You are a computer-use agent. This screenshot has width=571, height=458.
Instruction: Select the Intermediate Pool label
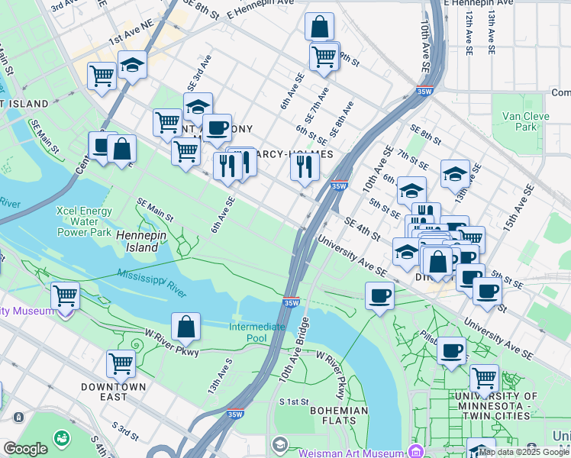(258, 332)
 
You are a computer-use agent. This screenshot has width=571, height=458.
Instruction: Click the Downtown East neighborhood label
(114, 392)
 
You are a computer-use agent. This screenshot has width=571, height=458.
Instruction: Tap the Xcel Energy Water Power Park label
(84, 221)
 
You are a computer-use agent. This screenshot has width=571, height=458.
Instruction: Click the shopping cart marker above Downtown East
(121, 363)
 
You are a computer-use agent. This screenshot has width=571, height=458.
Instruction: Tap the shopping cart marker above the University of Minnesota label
(484, 376)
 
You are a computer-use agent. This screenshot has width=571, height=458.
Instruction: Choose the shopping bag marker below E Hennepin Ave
(319, 26)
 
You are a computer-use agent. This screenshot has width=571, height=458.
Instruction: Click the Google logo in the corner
(25, 450)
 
